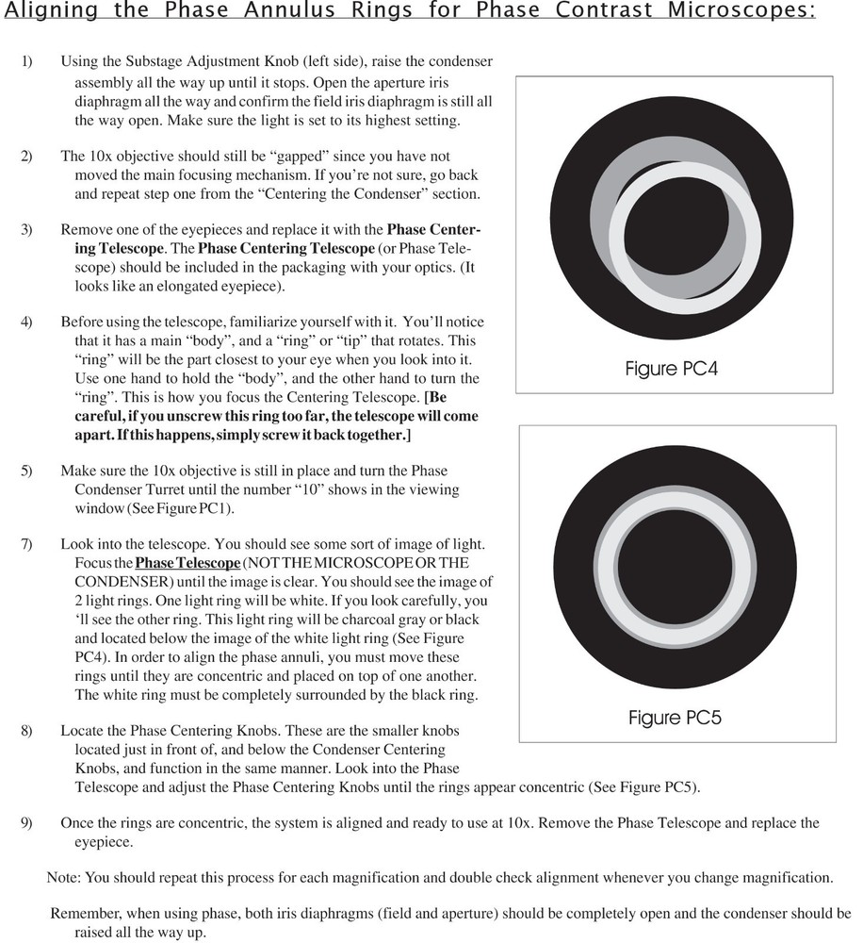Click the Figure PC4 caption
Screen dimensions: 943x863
point(671,369)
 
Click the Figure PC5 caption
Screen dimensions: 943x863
point(674,719)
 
